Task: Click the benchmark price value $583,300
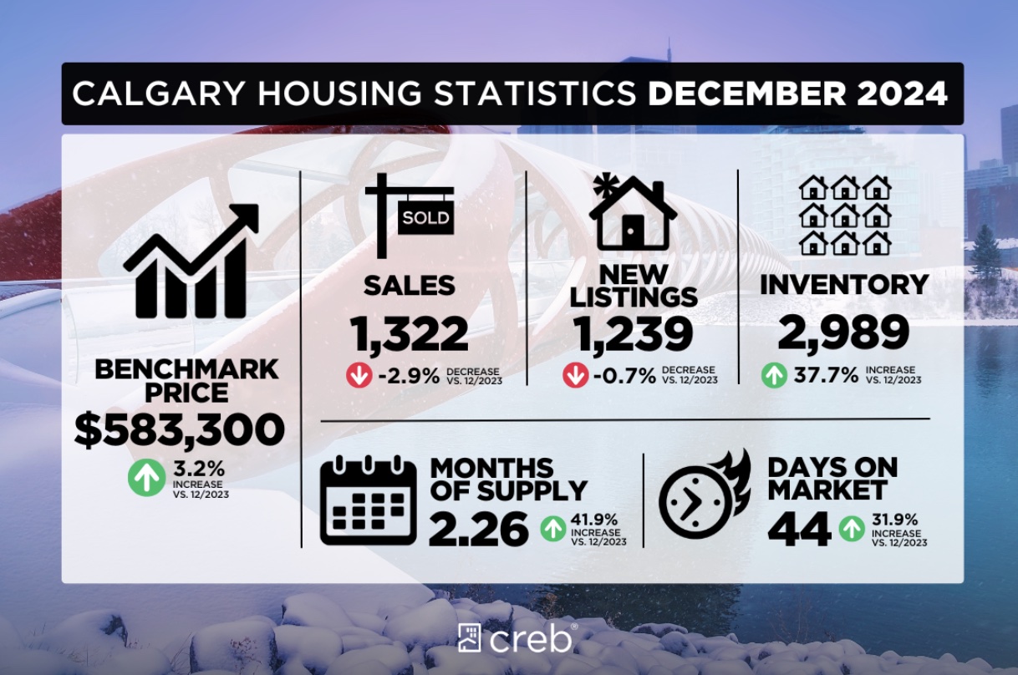click(179, 429)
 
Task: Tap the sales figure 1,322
click(410, 334)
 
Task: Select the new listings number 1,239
click(633, 334)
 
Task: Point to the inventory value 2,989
click(843, 333)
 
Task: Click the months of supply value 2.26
click(479, 528)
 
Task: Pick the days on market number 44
click(799, 528)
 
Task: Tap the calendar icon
click(369, 501)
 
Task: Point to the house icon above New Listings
click(633, 212)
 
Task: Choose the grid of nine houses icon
click(844, 215)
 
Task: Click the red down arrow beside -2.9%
click(359, 376)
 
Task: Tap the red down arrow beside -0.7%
click(575, 376)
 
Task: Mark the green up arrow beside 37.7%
click(774, 375)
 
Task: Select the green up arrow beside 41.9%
click(552, 528)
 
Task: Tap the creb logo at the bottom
click(516, 638)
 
